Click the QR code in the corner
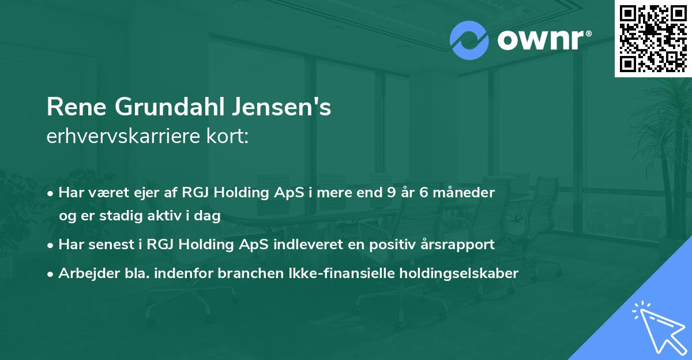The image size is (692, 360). coord(653,38)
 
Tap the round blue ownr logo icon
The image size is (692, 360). coord(469,40)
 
